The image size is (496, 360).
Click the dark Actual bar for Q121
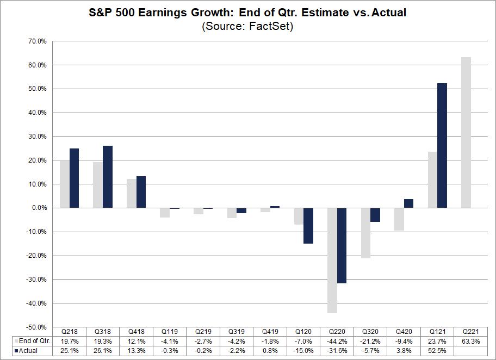pyautogui.click(x=442, y=146)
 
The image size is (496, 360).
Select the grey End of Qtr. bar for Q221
pyautogui.click(x=466, y=133)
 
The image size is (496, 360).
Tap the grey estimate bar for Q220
pyautogui.click(x=332, y=260)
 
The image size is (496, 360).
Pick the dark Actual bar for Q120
pyautogui.click(x=308, y=226)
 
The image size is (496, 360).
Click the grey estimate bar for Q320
pyautogui.click(x=365, y=233)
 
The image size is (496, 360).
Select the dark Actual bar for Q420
pyautogui.click(x=409, y=203)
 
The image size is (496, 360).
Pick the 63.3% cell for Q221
pyautogui.click(x=471, y=341)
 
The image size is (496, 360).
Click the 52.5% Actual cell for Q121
pyautogui.click(x=438, y=350)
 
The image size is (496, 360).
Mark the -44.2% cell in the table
pyautogui.click(x=337, y=341)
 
